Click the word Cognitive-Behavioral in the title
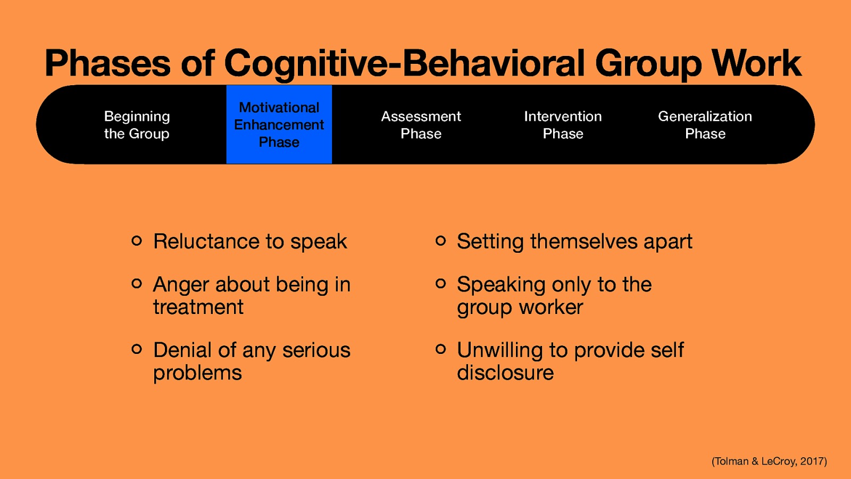(404, 63)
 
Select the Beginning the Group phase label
(137, 125)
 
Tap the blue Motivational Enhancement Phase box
(279, 125)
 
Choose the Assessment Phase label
(421, 125)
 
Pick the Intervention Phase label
(563, 125)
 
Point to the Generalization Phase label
(705, 125)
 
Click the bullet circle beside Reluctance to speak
(137, 241)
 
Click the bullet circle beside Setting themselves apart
(440, 241)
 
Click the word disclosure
(505, 373)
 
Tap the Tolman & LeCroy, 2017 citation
(769, 461)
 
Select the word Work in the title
(756, 63)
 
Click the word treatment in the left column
(198, 307)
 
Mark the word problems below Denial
(197, 373)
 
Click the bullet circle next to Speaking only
(440, 284)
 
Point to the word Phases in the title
(108, 63)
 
